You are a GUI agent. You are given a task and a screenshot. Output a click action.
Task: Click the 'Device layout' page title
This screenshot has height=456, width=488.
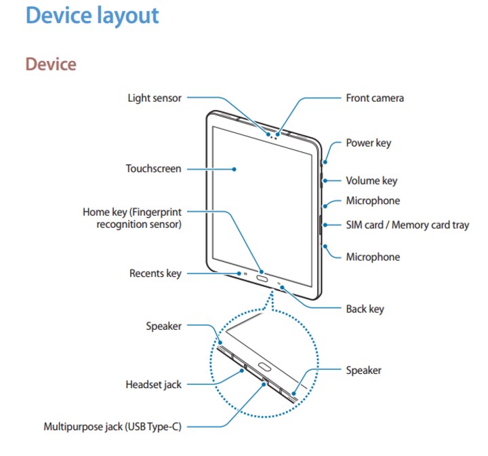click(92, 16)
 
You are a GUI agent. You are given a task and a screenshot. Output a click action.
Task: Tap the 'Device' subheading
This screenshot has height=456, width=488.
click(51, 64)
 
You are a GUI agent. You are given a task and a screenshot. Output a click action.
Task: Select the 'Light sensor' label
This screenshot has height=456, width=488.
click(155, 98)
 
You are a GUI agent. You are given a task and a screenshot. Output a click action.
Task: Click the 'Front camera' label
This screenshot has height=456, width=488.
click(375, 98)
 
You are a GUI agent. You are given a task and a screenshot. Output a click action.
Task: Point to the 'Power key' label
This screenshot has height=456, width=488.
click(369, 143)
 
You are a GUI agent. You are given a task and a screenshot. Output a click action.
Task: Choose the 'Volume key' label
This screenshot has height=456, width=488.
click(371, 180)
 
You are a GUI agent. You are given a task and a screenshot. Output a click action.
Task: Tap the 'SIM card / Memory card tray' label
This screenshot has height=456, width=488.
click(407, 225)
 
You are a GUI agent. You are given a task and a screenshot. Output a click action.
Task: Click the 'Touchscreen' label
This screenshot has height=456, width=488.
click(153, 168)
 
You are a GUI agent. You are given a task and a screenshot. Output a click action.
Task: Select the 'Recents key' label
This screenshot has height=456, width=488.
click(155, 273)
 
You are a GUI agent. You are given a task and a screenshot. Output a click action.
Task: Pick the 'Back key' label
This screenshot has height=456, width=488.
click(365, 309)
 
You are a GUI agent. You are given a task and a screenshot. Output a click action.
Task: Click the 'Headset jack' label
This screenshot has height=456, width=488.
click(153, 385)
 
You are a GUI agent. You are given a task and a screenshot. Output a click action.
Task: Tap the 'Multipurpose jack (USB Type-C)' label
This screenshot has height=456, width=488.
click(113, 427)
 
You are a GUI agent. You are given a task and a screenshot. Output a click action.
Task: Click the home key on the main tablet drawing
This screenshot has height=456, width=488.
click(262, 278)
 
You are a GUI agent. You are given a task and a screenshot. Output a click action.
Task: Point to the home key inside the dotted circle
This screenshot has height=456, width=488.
click(264, 367)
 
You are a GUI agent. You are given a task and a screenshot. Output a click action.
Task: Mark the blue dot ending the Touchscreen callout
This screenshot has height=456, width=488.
click(234, 169)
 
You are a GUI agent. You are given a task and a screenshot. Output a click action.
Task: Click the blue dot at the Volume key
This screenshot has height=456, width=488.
click(325, 180)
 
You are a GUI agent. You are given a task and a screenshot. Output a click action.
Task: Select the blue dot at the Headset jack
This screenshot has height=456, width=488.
click(241, 370)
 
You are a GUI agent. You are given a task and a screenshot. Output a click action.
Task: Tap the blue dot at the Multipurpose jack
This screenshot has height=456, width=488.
click(264, 384)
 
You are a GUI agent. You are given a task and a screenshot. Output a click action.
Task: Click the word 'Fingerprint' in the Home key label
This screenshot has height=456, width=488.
click(157, 212)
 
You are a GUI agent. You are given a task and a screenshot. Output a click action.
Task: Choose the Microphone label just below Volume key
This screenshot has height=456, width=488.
click(373, 201)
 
